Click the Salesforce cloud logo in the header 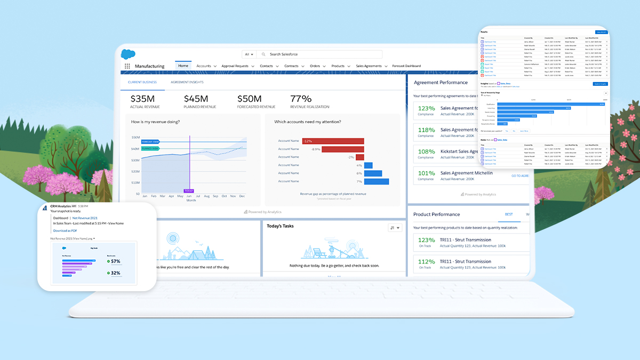129,54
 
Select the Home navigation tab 183,66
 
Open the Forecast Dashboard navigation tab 406,66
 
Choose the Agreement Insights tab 187,82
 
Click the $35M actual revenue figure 142,99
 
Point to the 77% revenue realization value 301,99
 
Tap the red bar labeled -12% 333,141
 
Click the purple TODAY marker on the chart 189,190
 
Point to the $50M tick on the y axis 135,137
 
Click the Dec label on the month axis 242,196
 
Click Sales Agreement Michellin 466,173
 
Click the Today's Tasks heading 281,226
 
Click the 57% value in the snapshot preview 115,261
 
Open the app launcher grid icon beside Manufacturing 127,66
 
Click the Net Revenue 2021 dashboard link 85,218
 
